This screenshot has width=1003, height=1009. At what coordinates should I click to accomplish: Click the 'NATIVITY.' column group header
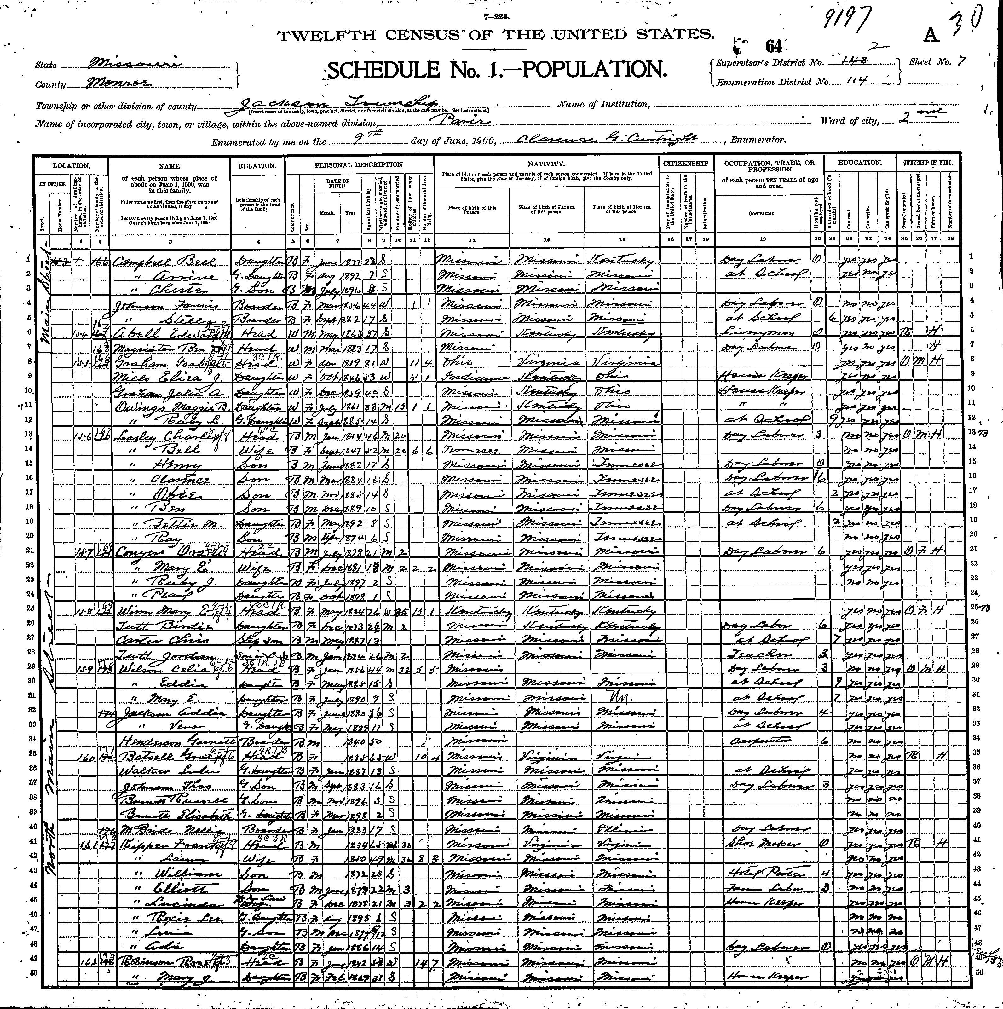546,164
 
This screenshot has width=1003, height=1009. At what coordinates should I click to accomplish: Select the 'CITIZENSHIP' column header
686,164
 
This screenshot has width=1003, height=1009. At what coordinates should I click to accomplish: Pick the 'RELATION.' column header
257,166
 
